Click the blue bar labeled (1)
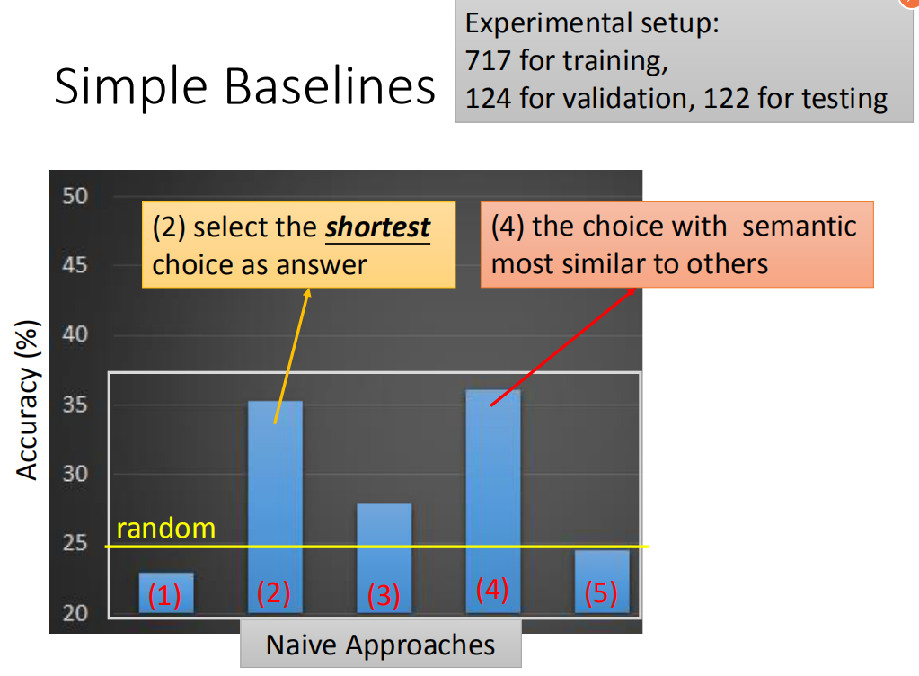[166, 592]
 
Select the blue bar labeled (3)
[384, 558]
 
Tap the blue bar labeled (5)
[602, 582]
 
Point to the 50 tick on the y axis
[75, 196]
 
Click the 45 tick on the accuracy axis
[75, 265]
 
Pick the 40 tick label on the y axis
[75, 334]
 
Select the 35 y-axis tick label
[75, 404]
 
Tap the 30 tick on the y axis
[75, 473]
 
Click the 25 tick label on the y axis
[75, 543]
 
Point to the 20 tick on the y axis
[75, 613]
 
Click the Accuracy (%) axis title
[28, 400]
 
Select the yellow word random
[166, 529]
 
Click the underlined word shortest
[378, 227]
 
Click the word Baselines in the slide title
[330, 86]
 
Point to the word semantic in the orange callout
[800, 227]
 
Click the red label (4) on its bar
[492, 589]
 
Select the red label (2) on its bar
[274, 592]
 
